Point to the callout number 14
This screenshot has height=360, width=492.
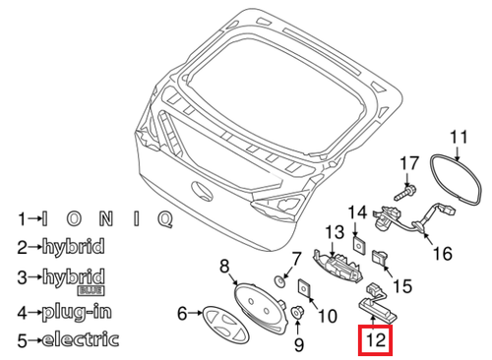355,210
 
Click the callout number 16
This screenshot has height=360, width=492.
442,253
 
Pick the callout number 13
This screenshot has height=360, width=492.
334,232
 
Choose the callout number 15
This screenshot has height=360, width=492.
400,286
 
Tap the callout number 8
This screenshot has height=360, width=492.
223,265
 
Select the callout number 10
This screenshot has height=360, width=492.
328,316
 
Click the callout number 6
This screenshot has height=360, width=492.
182,314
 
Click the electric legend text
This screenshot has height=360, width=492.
81,341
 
